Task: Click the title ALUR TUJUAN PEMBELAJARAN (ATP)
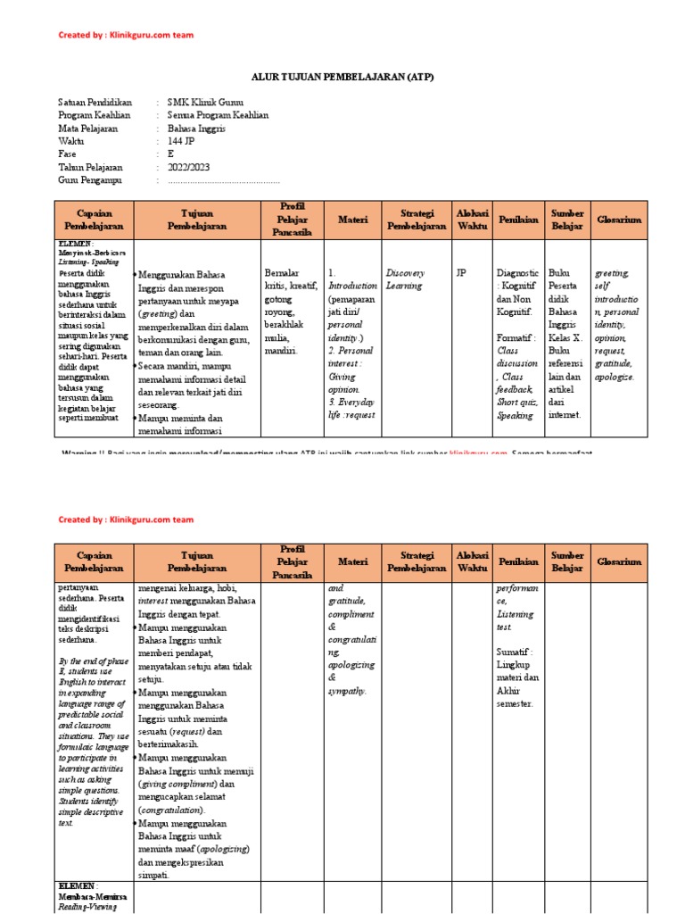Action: click(342, 77)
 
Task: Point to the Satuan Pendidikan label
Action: click(95, 103)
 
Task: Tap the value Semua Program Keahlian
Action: click(218, 115)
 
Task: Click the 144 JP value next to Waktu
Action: click(182, 141)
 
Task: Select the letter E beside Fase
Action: click(171, 154)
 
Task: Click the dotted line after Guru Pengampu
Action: click(224, 180)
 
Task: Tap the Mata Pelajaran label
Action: click(88, 129)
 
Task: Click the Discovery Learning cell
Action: click(406, 278)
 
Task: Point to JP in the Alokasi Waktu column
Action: click(460, 272)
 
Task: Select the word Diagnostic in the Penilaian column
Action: click(517, 272)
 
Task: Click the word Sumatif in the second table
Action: click(512, 652)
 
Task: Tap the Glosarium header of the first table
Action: click(619, 220)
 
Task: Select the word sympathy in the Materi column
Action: click(347, 691)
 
